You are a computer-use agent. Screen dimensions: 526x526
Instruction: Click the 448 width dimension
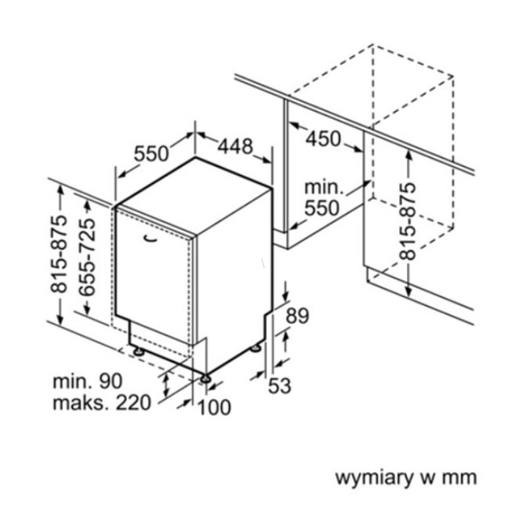[x=235, y=146]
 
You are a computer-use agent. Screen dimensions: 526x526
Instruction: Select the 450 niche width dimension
[x=323, y=139]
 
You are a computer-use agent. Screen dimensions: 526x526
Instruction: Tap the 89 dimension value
[x=298, y=316]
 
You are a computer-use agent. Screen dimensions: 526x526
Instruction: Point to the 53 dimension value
[x=279, y=385]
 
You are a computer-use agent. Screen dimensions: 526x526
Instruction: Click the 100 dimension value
[x=214, y=408]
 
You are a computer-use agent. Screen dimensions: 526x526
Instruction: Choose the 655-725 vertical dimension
[x=85, y=258]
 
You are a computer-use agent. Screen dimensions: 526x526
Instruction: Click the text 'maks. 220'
[x=103, y=403]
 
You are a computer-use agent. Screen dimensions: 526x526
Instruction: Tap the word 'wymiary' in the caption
[x=373, y=477]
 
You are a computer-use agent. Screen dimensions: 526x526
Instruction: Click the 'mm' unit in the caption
[x=460, y=477]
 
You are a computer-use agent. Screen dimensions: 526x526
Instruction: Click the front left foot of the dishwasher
[x=139, y=352]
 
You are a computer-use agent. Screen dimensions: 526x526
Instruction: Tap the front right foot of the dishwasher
[x=206, y=379]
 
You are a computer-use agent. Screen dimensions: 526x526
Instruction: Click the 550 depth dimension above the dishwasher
[x=152, y=153]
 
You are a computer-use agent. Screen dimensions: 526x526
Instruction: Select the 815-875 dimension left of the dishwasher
[x=60, y=254]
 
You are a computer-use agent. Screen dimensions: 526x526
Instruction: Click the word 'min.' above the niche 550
[x=323, y=187]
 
